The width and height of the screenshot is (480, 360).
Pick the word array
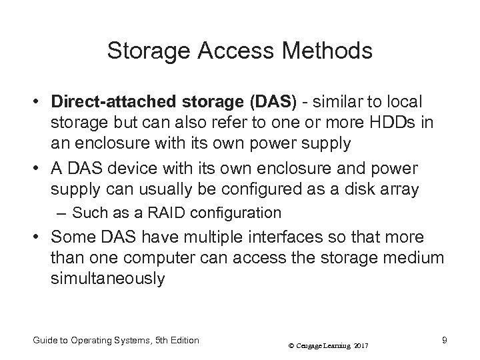[x=400, y=189]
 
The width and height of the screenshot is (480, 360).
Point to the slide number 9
[x=443, y=340]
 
